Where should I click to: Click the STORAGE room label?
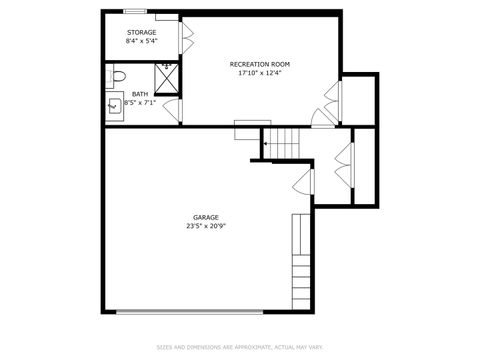141,33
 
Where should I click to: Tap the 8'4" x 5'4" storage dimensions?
141,42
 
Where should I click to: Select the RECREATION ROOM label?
259,63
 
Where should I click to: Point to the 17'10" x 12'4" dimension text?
259,73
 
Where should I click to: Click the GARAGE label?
206,217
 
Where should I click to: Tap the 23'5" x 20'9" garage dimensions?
206,226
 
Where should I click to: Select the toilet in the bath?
116,75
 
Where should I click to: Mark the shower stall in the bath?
166,75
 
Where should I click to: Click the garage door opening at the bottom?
205,312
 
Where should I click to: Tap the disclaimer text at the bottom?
239,347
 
